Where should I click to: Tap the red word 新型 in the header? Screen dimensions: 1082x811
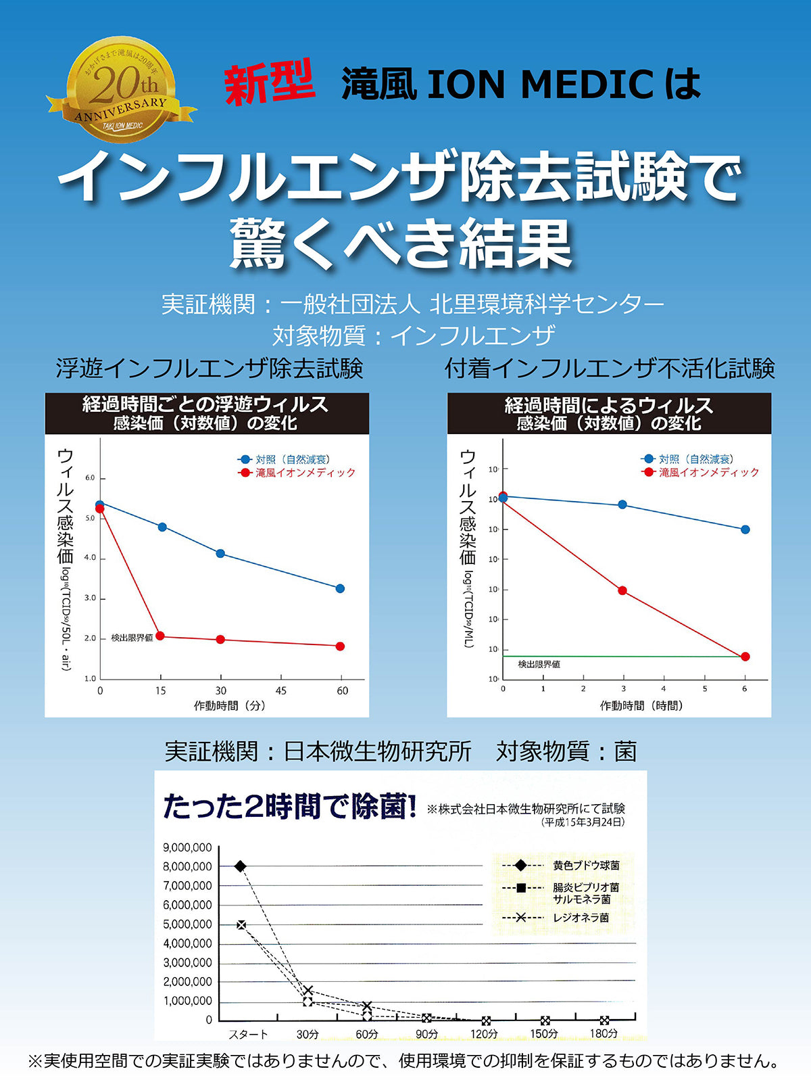click(269, 83)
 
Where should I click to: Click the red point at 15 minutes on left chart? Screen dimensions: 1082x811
click(160, 636)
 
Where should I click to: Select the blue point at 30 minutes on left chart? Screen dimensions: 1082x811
click(220, 553)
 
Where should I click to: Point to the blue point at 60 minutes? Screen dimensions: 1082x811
click(340, 588)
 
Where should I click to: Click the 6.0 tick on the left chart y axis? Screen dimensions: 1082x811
click(91, 478)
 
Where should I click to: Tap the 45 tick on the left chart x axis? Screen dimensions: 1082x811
click(281, 690)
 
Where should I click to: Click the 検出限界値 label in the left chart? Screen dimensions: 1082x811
click(132, 638)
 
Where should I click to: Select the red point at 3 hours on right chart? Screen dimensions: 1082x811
click(622, 590)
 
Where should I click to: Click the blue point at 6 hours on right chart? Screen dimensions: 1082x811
click(745, 530)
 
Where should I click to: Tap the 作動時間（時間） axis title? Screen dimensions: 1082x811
click(641, 705)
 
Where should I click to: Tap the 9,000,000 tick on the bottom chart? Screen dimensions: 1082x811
click(187, 847)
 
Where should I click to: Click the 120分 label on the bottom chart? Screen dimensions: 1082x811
click(484, 1033)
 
